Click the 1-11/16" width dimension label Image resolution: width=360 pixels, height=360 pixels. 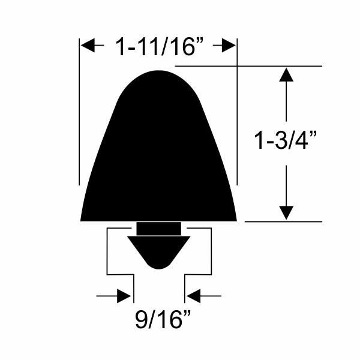pyautogui.click(x=160, y=47)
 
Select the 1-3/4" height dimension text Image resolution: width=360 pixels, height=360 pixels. pyautogui.click(x=286, y=140)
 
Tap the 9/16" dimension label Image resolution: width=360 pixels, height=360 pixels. pyautogui.click(x=163, y=319)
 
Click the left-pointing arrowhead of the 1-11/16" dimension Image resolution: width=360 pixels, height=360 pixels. pyautogui.click(x=88, y=45)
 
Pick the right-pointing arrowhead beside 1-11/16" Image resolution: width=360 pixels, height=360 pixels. pyautogui.click(x=229, y=45)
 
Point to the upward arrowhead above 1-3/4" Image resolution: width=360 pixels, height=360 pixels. pyautogui.click(x=286, y=74)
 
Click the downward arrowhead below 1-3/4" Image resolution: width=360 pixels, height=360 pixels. pyautogui.click(x=286, y=213)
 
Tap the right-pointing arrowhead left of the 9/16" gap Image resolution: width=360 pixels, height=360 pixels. pyautogui.click(x=124, y=296)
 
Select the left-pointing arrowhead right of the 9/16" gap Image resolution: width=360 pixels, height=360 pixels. pyautogui.click(x=193, y=296)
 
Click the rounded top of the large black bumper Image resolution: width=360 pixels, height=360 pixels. pyautogui.click(x=158, y=71)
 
